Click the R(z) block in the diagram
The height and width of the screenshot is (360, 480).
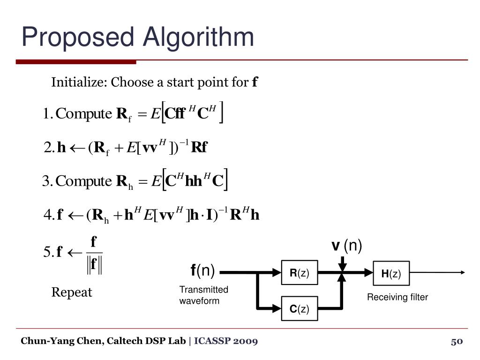[300, 272]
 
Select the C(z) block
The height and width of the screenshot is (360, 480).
[300, 308]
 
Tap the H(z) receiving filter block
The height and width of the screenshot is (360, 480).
[391, 273]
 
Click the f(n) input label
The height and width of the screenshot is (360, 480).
[202, 270]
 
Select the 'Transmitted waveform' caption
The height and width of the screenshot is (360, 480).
[203, 295]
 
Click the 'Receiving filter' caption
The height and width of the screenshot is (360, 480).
[397, 297]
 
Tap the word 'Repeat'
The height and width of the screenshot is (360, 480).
[72, 292]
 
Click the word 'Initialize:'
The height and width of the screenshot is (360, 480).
[79, 83]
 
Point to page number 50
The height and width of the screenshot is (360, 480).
[457, 341]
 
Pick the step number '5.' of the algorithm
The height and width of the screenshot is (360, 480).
[47, 252]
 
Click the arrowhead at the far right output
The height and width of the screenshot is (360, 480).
[463, 272]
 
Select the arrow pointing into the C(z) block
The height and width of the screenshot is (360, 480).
[275, 308]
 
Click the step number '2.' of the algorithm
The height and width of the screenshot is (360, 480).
[48, 148]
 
